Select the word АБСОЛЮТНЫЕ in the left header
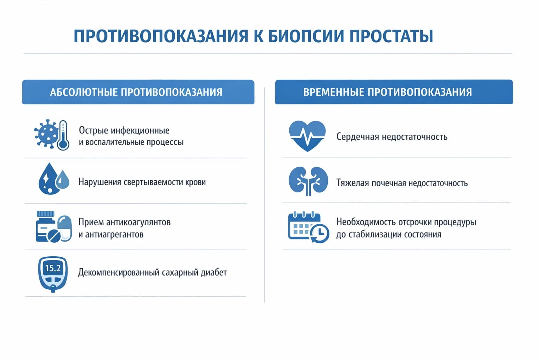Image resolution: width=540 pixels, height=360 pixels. coord(84,92)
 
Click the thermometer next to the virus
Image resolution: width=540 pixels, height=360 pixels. coord(63,135)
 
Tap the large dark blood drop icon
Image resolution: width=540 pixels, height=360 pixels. coord(48,179)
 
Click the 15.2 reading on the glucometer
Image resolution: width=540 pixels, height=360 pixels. coord(53,268)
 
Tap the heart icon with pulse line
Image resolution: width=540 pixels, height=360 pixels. coord(307,135)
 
